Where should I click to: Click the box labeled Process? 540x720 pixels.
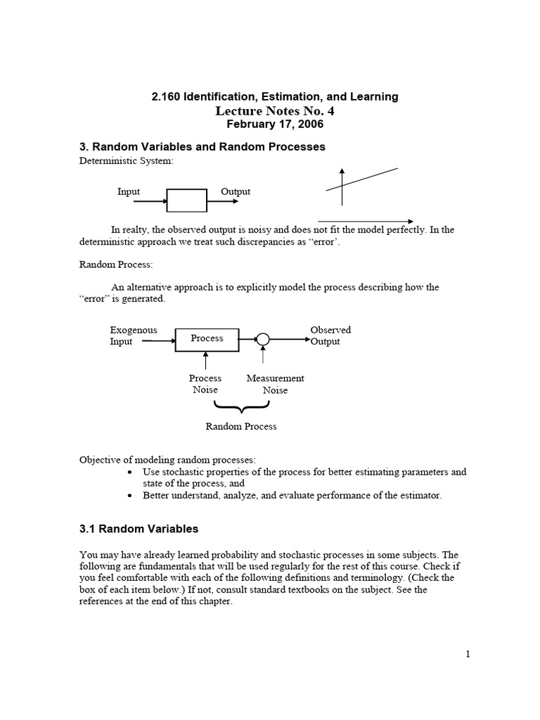click(x=207, y=339)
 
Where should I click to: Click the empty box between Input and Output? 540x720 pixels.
click(x=186, y=200)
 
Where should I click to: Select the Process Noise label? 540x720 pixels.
click(x=205, y=384)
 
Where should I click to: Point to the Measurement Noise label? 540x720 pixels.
click(x=275, y=384)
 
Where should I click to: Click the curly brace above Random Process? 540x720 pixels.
click(x=241, y=406)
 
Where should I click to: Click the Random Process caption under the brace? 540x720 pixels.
click(x=241, y=426)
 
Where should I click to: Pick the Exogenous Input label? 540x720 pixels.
click(x=134, y=335)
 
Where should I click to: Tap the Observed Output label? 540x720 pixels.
click(x=330, y=335)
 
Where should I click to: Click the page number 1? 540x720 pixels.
click(x=468, y=655)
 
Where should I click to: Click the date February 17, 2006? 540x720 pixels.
click(x=275, y=124)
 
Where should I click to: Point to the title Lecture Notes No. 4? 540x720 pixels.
click(x=275, y=110)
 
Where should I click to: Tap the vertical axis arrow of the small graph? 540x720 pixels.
click(x=342, y=186)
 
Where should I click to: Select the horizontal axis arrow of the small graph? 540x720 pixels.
click(x=366, y=220)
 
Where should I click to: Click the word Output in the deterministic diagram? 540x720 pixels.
click(x=236, y=191)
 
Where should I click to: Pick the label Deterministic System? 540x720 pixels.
click(x=115, y=160)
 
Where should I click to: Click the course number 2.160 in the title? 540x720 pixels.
click(x=166, y=96)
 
